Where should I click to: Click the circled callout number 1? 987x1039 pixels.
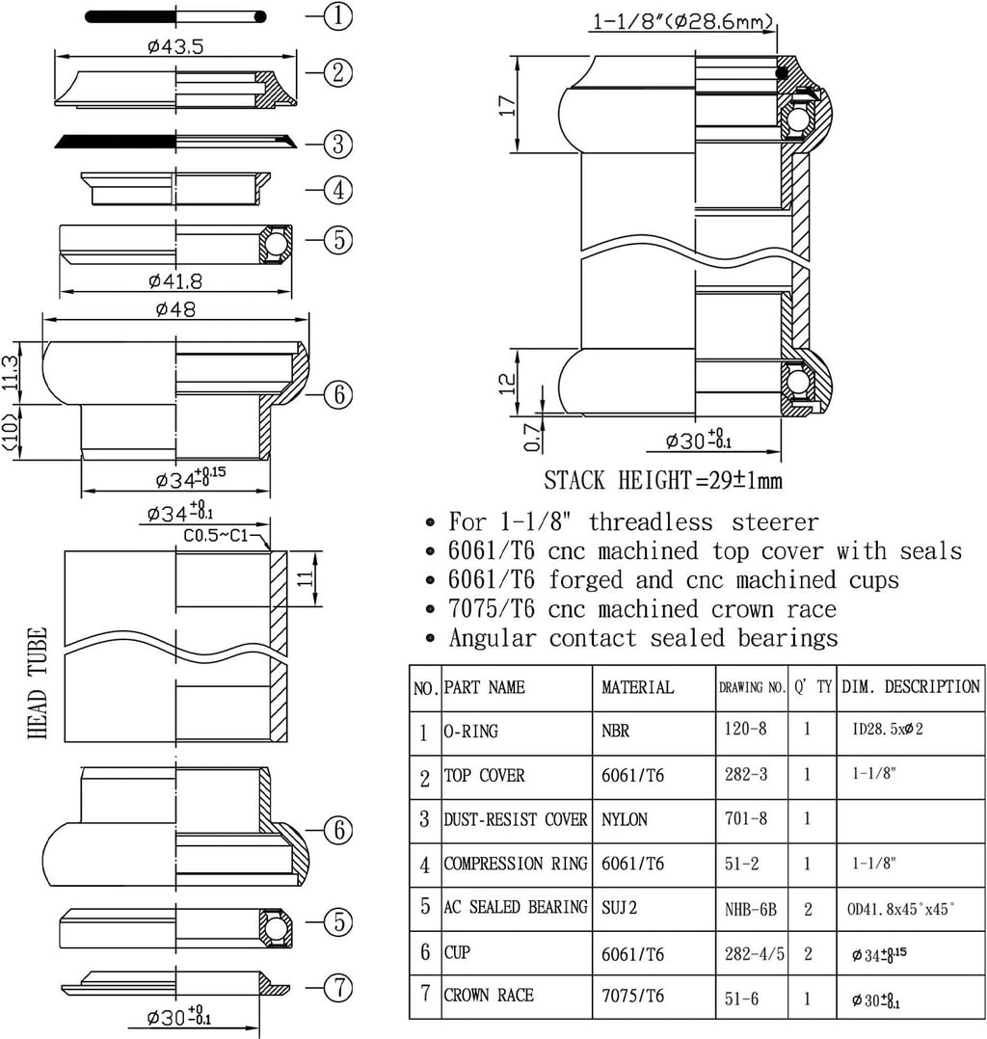point(337,16)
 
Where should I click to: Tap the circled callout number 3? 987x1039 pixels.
point(337,145)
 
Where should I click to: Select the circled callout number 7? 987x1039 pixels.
point(337,988)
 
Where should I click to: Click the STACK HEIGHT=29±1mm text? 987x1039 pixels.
point(663,479)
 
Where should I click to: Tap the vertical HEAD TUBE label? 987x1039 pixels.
point(40,683)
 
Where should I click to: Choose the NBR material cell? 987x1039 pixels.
point(615,731)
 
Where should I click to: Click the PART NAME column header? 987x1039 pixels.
point(484,687)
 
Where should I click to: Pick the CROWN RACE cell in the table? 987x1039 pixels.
point(488,996)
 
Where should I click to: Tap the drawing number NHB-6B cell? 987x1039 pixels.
point(751,908)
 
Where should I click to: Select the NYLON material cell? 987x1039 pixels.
point(625,819)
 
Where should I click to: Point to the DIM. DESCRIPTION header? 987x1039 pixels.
point(910,687)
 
